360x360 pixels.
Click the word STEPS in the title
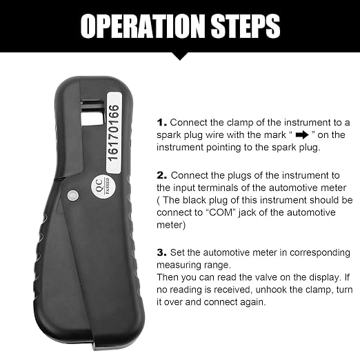pos(246,26)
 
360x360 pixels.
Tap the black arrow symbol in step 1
pos(302,135)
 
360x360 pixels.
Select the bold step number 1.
pos(161,123)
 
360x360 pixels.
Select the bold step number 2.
pos(162,176)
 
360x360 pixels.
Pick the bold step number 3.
pos(162,252)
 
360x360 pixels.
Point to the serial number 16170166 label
pos(114,133)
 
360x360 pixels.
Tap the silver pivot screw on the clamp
pos(73,196)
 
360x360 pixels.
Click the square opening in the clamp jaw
pos(92,119)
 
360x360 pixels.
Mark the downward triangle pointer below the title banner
pos(180,57)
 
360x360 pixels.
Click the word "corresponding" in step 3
pos(320,253)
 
